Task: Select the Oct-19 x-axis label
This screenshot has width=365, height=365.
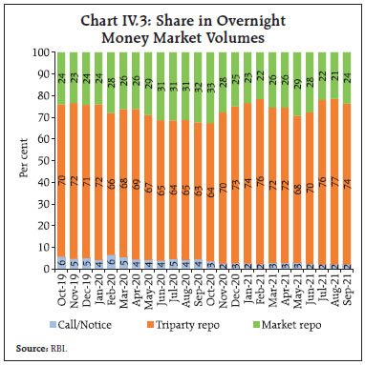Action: tap(60, 291)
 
